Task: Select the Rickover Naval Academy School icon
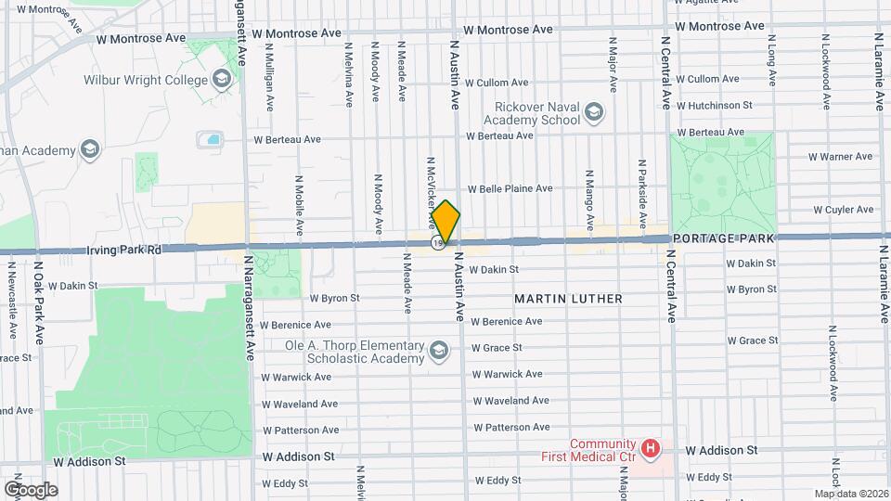593,113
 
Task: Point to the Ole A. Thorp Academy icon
437,351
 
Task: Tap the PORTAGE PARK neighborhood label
722,238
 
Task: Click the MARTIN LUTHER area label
569,299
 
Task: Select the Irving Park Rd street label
123,250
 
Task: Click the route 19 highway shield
436,243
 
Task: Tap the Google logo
31,489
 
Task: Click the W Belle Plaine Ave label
510,188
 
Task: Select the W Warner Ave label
840,157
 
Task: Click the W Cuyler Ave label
843,210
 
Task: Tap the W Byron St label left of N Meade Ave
334,299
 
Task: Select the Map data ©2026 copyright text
851,494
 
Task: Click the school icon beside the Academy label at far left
90,149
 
